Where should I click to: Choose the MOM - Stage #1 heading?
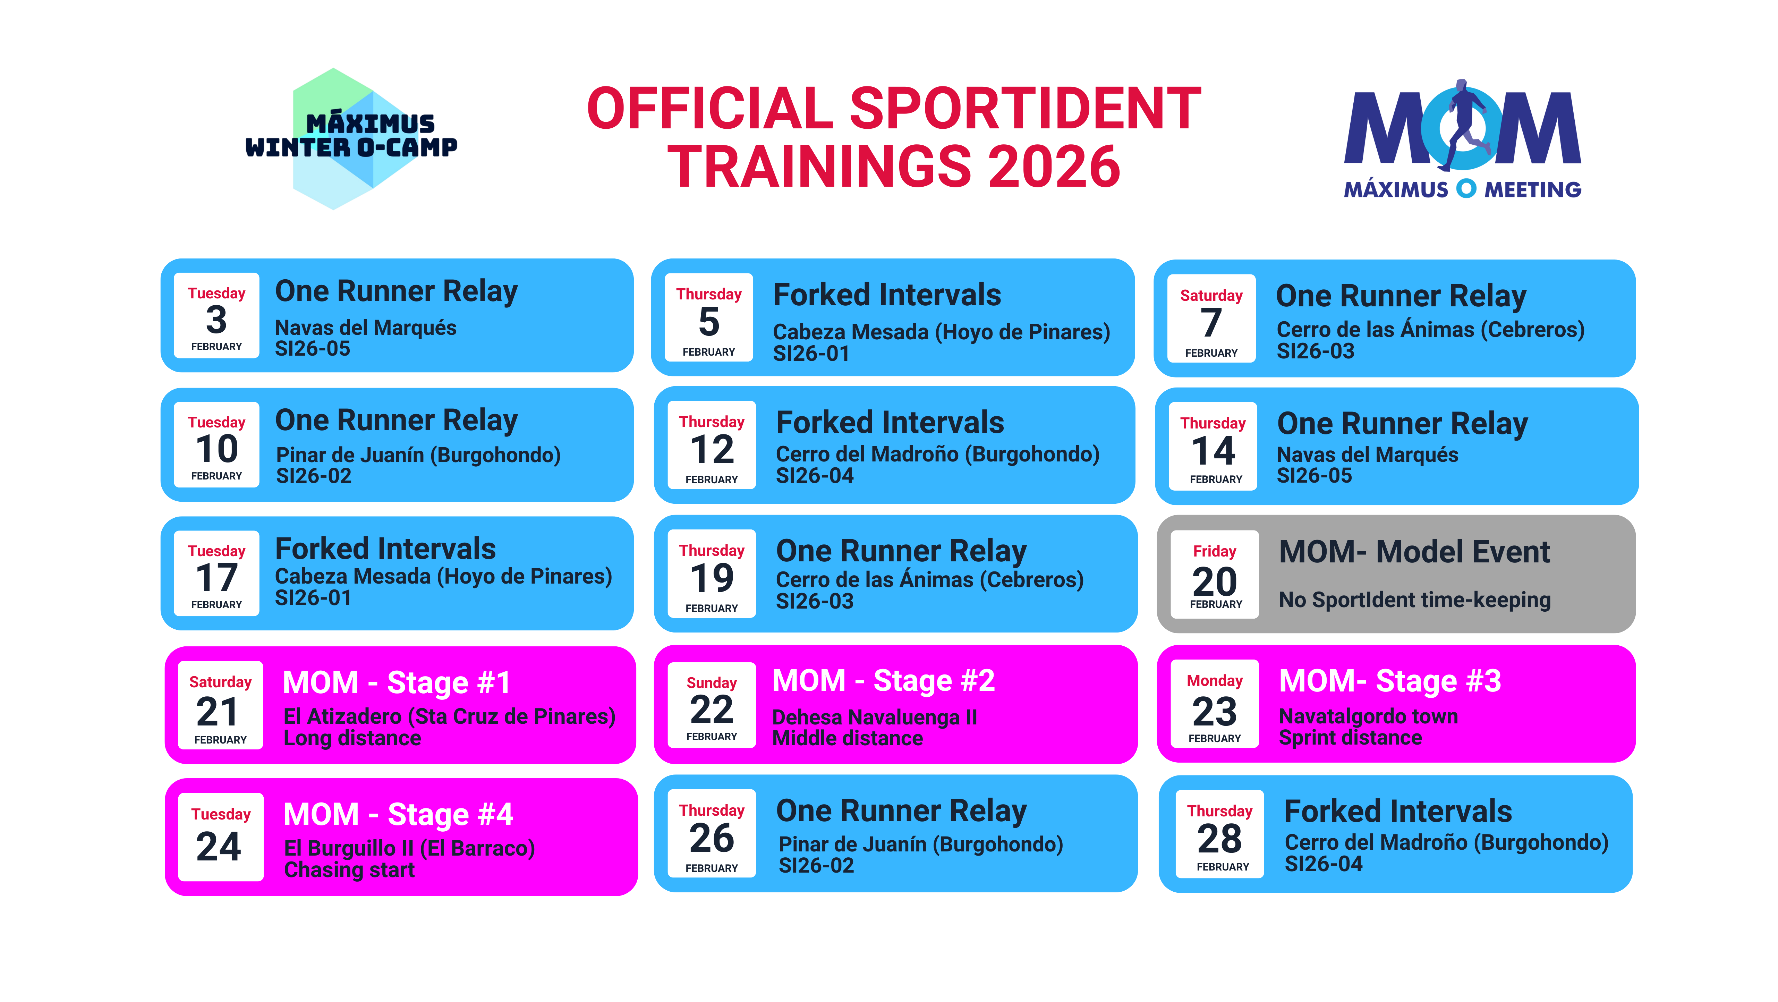(x=397, y=682)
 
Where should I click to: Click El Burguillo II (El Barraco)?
(x=409, y=848)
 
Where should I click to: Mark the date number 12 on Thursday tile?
(x=712, y=450)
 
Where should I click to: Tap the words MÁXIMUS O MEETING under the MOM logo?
(x=1463, y=189)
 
